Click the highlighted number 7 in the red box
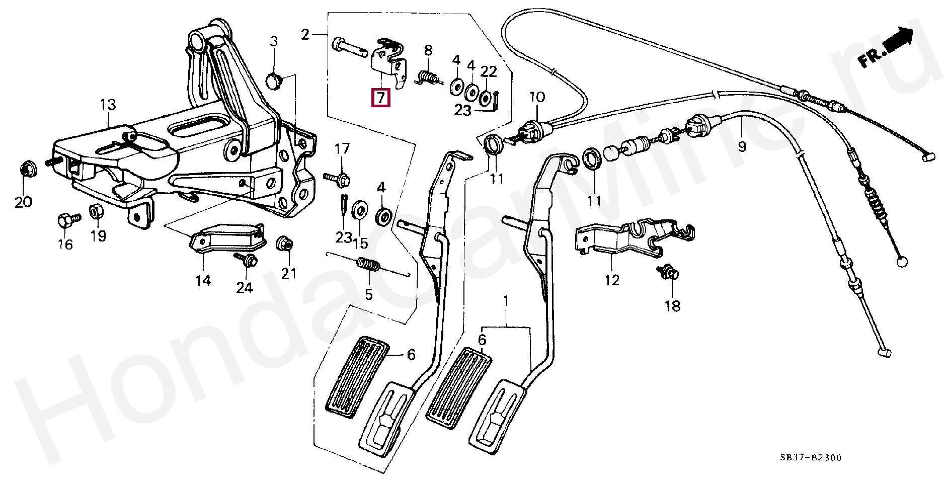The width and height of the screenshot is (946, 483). click(380, 98)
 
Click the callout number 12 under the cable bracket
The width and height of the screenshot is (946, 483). click(612, 280)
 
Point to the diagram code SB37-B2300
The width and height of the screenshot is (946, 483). click(803, 457)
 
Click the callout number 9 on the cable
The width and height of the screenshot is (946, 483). click(742, 147)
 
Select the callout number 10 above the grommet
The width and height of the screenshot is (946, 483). click(536, 97)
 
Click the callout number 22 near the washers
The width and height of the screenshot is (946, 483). click(489, 72)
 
